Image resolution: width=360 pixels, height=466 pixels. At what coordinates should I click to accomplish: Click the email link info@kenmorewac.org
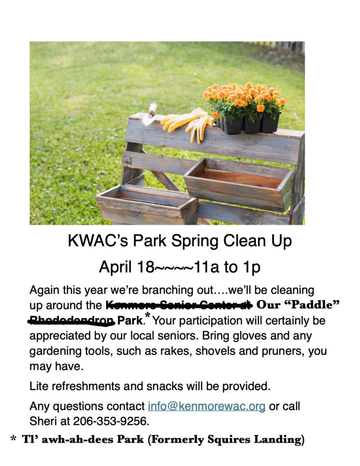pyautogui.click(x=207, y=406)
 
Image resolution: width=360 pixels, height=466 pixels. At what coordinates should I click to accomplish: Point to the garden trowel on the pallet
pyautogui.click(x=150, y=114)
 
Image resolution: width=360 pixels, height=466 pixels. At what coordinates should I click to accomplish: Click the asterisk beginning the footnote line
pyautogui.click(x=13, y=440)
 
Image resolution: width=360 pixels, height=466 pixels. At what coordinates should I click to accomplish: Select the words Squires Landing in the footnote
pyautogui.click(x=258, y=440)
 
